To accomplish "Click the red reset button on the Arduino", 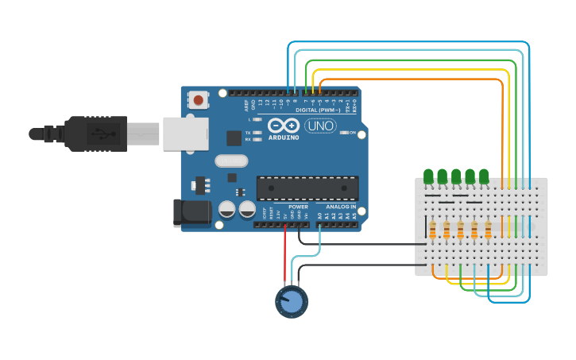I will click(198, 99).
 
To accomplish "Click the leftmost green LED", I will click(429, 176).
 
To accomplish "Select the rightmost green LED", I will click(484, 176).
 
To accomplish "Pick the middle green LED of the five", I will click(456, 176).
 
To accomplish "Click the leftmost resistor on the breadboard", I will click(433, 230).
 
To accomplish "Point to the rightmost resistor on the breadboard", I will click(489, 230).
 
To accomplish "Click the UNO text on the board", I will click(320, 126).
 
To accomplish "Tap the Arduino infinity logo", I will click(283, 126).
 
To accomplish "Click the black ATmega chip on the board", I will click(307, 188).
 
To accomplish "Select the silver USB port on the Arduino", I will click(185, 134).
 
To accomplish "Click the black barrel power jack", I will click(191, 212).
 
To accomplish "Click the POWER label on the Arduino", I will click(298, 207).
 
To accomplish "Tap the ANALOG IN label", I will click(341, 207).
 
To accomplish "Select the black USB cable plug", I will click(95, 134).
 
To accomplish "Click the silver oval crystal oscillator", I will click(231, 161).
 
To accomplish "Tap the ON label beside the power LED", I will click(352, 133).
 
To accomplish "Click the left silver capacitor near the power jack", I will click(226, 210).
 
